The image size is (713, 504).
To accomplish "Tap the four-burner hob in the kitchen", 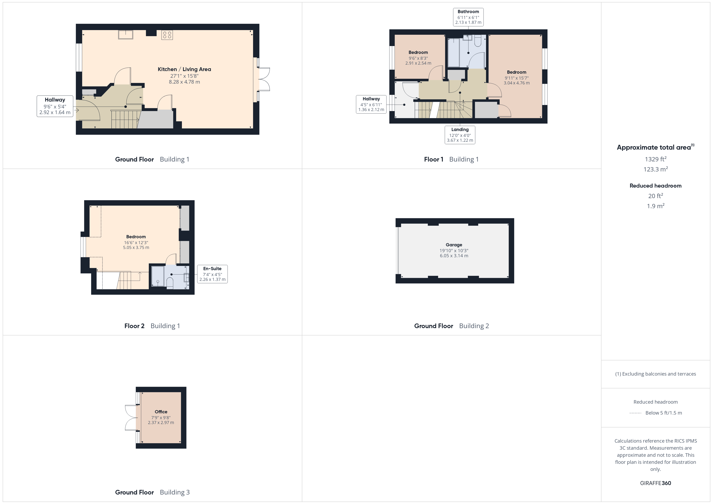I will (167, 35).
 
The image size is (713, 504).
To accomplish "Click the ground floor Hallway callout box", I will (55, 106).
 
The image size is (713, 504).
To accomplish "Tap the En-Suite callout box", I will (212, 274).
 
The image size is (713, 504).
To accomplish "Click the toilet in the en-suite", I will (170, 283).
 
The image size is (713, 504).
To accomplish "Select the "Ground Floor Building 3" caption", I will (152, 492).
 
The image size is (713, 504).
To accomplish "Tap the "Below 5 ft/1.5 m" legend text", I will (664, 413).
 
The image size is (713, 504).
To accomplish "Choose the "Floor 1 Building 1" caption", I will (451, 159).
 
